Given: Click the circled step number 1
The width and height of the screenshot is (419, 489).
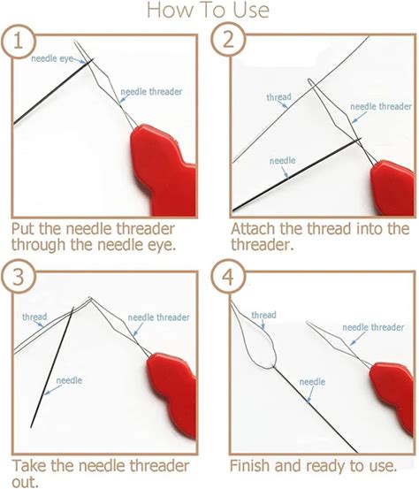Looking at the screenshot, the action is pos(19,41).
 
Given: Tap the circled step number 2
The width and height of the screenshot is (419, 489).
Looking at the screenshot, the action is pos(229,40).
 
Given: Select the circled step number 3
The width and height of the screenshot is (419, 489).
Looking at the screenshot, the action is pos(19,276).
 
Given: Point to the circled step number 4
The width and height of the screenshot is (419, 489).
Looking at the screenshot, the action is pos(229,276).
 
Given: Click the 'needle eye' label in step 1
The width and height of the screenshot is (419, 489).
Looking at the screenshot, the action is pos(52,58).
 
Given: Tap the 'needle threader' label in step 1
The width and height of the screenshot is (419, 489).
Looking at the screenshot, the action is pos(151,92).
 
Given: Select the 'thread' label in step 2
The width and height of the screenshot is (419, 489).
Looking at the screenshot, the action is pos(278,97).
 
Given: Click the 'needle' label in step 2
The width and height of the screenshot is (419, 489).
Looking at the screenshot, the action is pos(283,161).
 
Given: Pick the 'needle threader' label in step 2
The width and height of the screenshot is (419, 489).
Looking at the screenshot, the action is pos(381,107).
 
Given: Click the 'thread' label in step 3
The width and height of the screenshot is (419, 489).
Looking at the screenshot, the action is pos(34,317).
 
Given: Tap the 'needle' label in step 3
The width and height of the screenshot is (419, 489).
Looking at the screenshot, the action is pos(69,380).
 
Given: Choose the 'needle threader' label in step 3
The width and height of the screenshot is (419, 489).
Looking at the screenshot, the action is pos(159,317).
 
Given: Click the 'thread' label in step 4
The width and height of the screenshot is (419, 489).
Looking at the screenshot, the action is pos(263,315).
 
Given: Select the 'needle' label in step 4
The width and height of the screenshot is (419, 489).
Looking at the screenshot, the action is pos(312,382).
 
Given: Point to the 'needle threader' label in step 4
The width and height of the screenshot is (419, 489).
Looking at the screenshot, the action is pos(373,327).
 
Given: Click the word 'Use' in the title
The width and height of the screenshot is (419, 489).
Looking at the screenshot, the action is pos(251,10).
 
